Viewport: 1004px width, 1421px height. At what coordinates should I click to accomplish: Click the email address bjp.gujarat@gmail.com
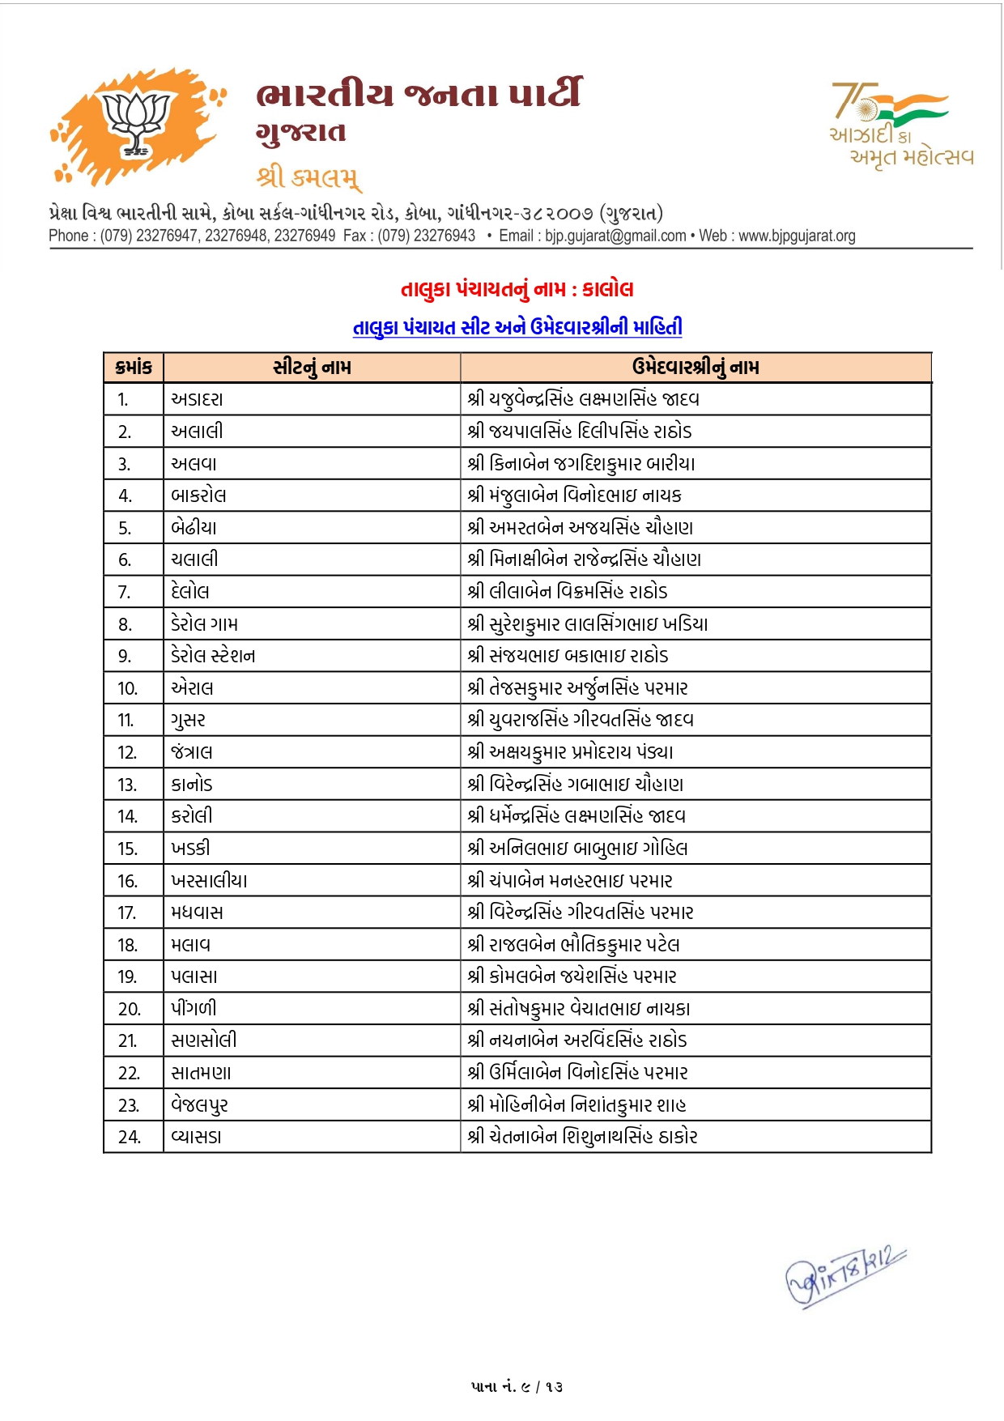615,236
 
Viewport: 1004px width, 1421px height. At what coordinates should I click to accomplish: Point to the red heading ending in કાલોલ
517,289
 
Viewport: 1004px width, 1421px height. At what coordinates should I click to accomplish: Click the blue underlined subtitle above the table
517,327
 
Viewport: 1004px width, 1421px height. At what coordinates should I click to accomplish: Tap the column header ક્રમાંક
134,368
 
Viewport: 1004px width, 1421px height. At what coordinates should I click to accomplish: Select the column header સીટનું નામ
312,368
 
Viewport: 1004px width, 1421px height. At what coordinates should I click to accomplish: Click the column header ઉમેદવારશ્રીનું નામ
696,368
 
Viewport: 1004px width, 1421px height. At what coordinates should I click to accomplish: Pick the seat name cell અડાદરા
197,399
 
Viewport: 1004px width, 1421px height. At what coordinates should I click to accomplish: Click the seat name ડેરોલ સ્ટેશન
213,656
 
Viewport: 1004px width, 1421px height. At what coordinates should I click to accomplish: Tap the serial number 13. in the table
127,785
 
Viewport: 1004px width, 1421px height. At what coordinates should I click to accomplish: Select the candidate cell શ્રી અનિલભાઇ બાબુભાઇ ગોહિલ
577,849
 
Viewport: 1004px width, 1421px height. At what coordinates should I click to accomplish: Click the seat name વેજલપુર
199,1105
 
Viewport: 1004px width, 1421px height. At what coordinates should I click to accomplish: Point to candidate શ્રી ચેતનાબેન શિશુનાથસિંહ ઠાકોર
582,1137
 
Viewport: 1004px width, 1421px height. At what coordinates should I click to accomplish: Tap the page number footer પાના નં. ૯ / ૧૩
517,1386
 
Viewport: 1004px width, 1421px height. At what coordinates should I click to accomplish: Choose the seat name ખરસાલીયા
209,881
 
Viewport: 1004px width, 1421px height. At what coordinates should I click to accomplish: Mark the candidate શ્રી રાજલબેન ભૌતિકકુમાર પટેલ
573,945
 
